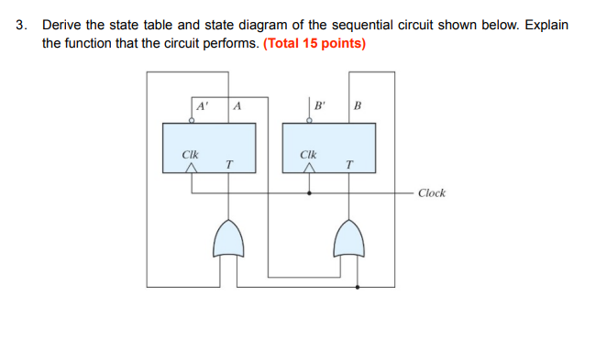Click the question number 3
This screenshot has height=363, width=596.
20,25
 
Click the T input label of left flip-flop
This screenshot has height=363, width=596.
228,164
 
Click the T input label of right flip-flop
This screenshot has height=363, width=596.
348,164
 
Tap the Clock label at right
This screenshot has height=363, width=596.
431,193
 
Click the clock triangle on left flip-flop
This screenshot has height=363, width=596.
192,167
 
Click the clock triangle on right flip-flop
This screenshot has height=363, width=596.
310,167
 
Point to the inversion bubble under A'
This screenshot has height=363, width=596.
192,119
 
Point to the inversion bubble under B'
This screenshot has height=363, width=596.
310,119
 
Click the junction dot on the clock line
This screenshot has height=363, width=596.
310,193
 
